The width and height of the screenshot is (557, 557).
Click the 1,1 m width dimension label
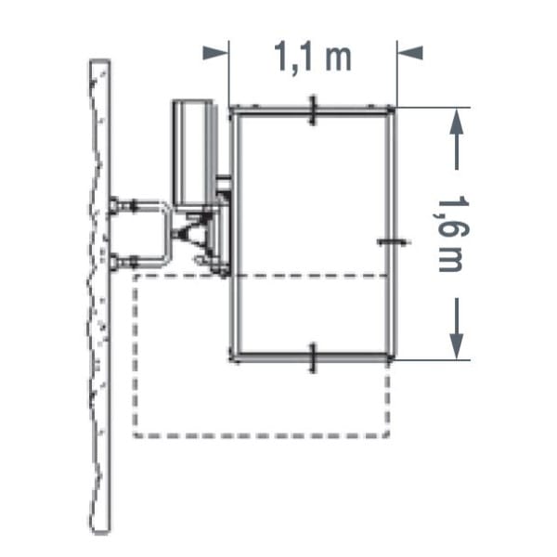(313, 57)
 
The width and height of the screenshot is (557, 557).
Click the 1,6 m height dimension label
(451, 233)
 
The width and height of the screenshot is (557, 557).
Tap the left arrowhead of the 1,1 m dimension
(214, 53)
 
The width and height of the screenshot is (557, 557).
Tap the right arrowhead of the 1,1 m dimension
(410, 53)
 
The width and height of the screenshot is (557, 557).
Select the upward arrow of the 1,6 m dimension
(457, 139)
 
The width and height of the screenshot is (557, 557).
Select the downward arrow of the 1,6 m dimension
(457, 329)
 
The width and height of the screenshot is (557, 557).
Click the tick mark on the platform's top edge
(313, 110)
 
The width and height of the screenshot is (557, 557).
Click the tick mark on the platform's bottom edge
(313, 358)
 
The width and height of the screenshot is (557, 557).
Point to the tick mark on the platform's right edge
(392, 242)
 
